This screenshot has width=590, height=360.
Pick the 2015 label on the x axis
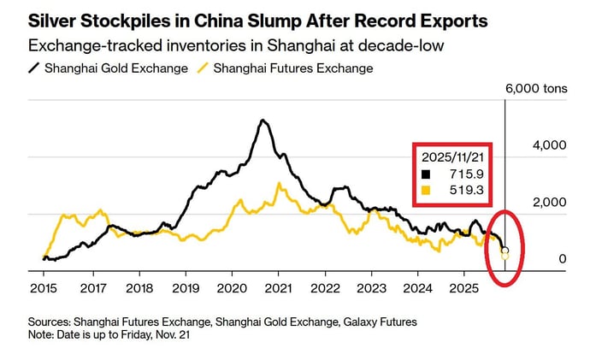(43, 289)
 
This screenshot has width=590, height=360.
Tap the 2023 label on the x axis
(370, 289)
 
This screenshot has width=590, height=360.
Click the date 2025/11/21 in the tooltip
(450, 156)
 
